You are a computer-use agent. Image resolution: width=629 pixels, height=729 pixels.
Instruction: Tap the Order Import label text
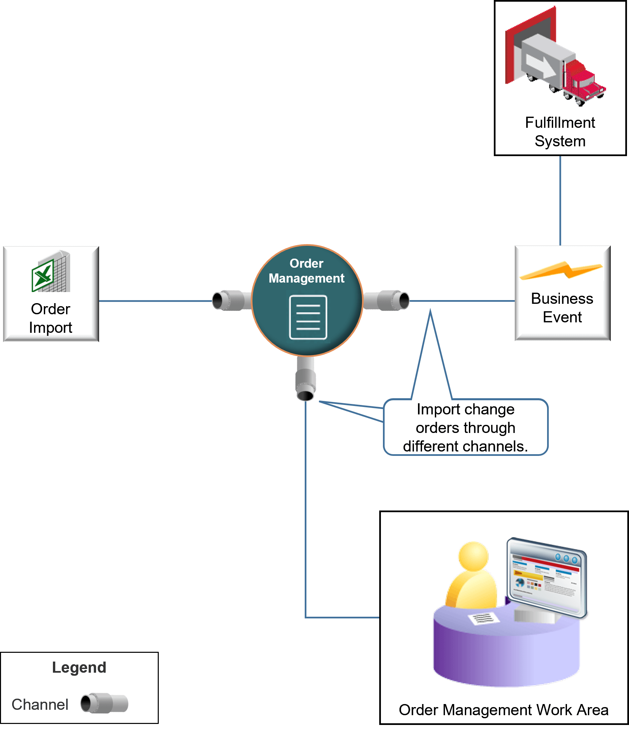[51, 318]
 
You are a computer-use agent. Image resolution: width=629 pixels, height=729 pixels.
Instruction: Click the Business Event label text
[562, 308]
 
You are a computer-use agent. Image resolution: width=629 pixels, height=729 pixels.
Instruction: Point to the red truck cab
[582, 81]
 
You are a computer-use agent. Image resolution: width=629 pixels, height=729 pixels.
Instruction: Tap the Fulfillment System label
[560, 132]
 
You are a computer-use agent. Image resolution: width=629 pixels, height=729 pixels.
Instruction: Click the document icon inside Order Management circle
[308, 317]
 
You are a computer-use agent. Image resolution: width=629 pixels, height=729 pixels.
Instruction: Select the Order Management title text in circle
[306, 270]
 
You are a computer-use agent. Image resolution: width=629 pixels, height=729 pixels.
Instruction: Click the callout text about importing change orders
[466, 428]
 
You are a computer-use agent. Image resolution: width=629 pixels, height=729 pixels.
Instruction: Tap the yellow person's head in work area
[474, 556]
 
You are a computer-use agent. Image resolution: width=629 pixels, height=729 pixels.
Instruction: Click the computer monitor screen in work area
[545, 577]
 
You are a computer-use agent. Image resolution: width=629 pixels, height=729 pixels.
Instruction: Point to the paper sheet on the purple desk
[484, 618]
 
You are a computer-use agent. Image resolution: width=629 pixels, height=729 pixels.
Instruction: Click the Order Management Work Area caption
[503, 710]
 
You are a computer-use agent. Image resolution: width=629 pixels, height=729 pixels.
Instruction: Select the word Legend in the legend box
[79, 667]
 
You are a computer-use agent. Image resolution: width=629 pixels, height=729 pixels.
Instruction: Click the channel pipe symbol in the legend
[104, 703]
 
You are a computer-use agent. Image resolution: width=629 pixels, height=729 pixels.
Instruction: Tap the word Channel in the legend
[40, 704]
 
